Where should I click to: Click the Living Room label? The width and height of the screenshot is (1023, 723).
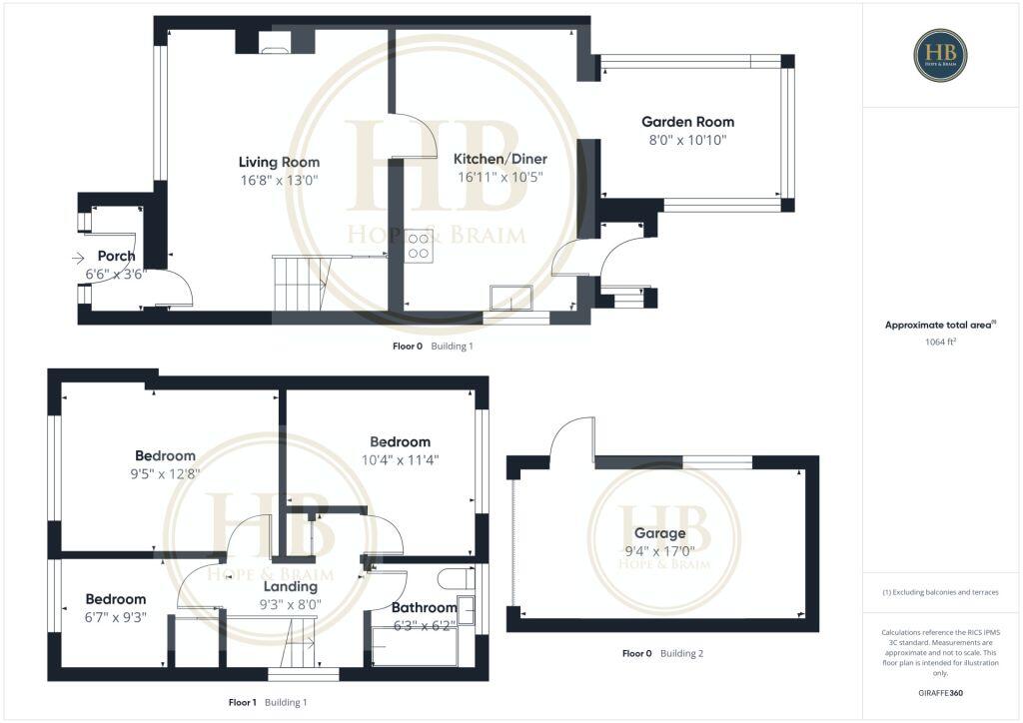click(279, 162)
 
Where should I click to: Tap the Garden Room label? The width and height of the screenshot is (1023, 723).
click(687, 122)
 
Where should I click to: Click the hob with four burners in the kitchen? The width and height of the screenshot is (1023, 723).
click(419, 246)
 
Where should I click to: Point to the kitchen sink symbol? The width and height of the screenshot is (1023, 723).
click(511, 297)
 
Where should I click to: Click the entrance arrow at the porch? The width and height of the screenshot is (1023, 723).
click(79, 259)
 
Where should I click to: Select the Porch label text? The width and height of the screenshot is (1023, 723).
click(116, 257)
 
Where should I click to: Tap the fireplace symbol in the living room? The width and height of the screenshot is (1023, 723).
click(275, 42)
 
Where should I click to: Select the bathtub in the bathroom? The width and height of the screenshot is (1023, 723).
click(414, 646)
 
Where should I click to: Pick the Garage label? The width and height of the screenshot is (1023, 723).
click(663, 533)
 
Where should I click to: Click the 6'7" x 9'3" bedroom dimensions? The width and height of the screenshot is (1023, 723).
click(116, 616)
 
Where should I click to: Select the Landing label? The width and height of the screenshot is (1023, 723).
click(290, 586)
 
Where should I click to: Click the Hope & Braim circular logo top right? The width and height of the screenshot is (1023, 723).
click(940, 55)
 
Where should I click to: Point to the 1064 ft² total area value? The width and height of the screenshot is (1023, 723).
click(940, 343)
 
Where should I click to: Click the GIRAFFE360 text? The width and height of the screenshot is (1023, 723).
click(940, 692)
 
